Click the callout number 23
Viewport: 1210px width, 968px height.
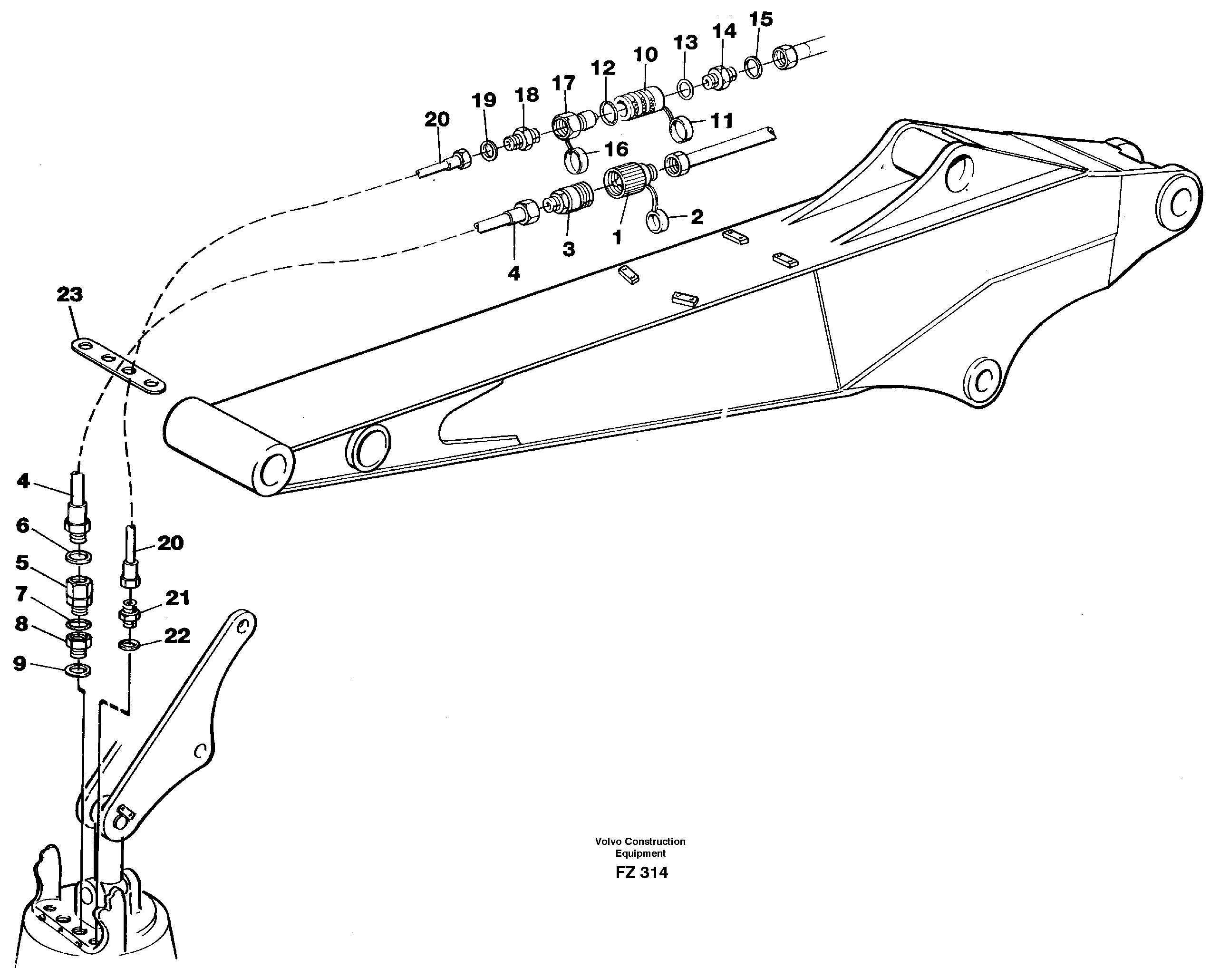click(x=69, y=294)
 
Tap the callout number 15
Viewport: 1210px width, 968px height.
click(x=761, y=19)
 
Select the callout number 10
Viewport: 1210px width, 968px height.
click(x=645, y=55)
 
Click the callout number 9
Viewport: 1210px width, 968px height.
click(x=19, y=664)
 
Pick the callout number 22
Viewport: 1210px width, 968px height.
click(x=177, y=636)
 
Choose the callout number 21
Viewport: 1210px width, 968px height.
click(x=177, y=598)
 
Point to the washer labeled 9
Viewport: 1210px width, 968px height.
click(x=78, y=669)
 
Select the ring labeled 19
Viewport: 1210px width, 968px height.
click(x=489, y=150)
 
